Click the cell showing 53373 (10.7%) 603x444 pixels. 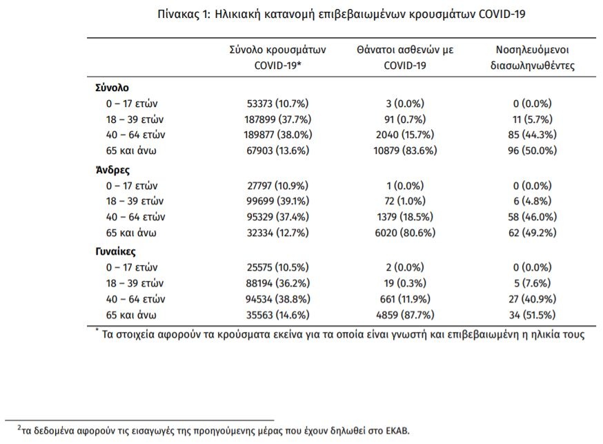277,104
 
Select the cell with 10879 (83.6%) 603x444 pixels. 405,149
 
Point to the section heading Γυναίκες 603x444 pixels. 115,252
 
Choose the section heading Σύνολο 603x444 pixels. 112,88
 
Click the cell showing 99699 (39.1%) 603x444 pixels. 277,201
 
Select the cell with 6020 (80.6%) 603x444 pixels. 405,232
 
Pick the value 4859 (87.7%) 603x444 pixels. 405,315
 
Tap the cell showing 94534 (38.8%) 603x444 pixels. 277,299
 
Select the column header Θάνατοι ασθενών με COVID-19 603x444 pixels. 405,59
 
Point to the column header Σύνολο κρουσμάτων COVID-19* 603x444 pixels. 277,59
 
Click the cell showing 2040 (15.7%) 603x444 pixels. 405,134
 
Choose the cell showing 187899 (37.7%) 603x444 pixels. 277,119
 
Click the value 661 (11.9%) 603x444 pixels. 405,299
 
